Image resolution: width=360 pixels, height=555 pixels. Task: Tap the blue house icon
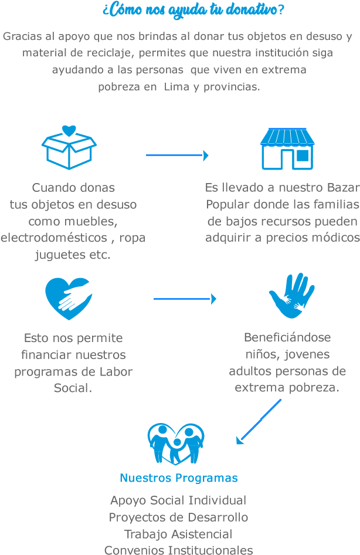(287, 149)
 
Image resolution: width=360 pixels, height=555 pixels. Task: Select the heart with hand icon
(69, 298)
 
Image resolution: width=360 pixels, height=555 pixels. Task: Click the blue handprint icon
(291, 295)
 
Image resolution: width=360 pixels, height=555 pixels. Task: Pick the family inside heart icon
(176, 444)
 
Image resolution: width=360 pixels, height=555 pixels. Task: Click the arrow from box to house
(177, 155)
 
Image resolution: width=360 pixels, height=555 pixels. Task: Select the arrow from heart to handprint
(185, 299)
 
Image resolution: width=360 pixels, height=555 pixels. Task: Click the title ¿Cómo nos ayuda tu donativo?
(193, 10)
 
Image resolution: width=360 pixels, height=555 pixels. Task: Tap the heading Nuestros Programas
(179, 478)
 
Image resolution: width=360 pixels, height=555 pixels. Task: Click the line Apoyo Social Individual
(178, 500)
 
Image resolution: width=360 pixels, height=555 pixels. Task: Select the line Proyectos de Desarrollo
(178, 517)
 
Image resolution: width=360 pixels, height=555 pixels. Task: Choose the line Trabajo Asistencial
(178, 534)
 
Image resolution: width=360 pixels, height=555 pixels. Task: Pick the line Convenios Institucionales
(178, 550)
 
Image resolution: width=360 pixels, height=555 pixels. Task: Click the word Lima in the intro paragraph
(176, 87)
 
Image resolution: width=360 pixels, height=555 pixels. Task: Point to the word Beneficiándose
(287, 337)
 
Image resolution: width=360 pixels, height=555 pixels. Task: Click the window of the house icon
(302, 155)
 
